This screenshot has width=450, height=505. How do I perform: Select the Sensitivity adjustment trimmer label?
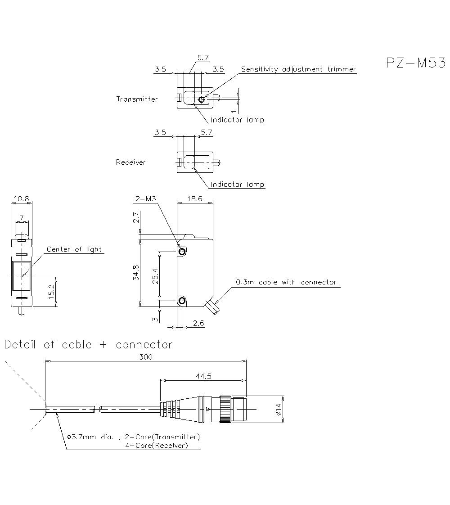point(298,69)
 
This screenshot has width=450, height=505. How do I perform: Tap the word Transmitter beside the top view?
point(137,99)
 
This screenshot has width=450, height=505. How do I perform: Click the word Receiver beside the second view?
point(131,162)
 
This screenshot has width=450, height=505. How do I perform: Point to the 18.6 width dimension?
point(194,198)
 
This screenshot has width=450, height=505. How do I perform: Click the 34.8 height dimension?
point(136,273)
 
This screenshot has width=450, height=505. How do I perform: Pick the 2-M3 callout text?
point(145,198)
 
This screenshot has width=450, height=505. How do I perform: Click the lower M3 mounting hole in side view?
point(182,301)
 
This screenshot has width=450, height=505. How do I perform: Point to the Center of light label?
point(74,249)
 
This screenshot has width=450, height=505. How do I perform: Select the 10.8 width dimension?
point(21,198)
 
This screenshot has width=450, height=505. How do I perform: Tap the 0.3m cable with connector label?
point(286,282)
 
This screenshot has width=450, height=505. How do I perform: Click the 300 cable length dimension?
point(146,357)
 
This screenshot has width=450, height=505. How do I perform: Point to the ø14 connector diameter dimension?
point(279,409)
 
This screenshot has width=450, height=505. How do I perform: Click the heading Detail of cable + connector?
point(88,345)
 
